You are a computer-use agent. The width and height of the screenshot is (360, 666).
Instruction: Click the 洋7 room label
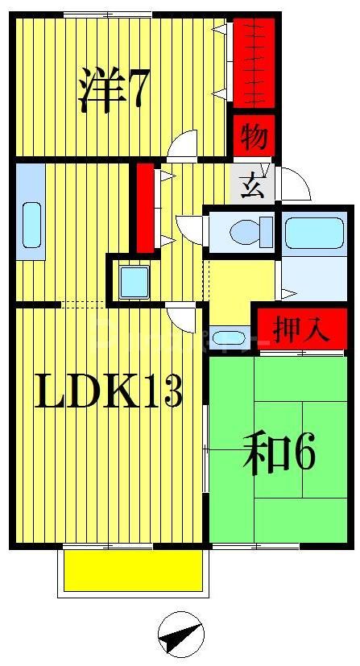coord(113,89)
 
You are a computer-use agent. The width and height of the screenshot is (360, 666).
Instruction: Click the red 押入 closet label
coord(301,330)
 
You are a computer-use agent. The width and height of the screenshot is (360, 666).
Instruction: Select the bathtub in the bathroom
coord(313,232)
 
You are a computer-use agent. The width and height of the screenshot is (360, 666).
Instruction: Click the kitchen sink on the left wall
coord(31,225)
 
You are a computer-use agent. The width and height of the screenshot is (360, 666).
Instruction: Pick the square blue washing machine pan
coord(133,283)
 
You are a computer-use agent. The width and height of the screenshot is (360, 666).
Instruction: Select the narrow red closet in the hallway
coord(145,207)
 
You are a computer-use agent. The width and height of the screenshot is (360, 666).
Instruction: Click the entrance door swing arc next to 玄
coord(296,184)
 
